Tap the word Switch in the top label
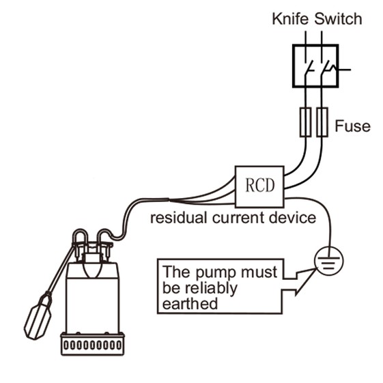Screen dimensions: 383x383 coord(338,19)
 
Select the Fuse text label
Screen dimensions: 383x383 coord(352,126)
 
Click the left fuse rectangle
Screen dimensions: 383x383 coord(305,122)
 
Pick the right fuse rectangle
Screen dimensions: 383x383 coord(322,122)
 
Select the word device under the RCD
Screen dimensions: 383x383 coord(292,217)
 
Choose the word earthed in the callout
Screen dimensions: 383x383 coord(190,304)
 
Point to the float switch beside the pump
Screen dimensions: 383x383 coord(38,316)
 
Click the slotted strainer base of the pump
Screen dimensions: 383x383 coord(92,344)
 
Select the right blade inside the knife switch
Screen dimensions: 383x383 coord(326,67)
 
